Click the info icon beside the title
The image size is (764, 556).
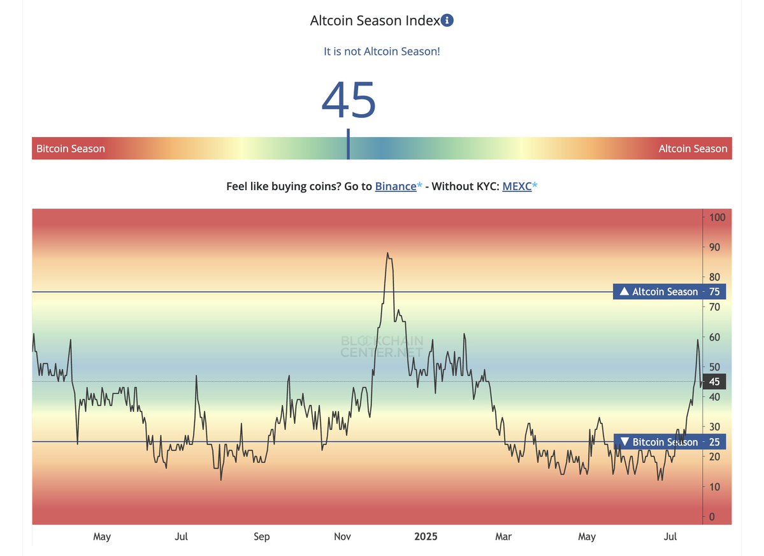pyautogui.click(x=447, y=20)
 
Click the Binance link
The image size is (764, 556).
pyautogui.click(x=396, y=186)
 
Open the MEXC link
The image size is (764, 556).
pyautogui.click(x=517, y=186)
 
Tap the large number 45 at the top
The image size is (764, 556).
pyautogui.click(x=349, y=100)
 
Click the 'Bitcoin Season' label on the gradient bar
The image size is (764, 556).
pyautogui.click(x=71, y=149)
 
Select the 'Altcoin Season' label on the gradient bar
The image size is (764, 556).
pyautogui.click(x=693, y=149)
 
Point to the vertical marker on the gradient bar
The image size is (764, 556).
pyautogui.click(x=349, y=144)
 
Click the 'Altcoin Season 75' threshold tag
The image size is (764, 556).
pyautogui.click(x=670, y=291)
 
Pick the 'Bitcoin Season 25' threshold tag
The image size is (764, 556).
pyautogui.click(x=670, y=442)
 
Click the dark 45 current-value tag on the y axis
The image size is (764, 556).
pyautogui.click(x=714, y=382)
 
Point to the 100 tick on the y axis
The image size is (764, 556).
pyautogui.click(x=717, y=217)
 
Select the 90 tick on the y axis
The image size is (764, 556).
pyautogui.click(x=714, y=247)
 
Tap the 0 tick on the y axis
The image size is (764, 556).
pyautogui.click(x=712, y=517)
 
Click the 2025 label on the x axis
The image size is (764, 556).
pyautogui.click(x=426, y=536)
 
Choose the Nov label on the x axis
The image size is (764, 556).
pyautogui.click(x=343, y=536)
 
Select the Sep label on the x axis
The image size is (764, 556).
pyautogui.click(x=262, y=536)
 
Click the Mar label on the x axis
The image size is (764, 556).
pyautogui.click(x=503, y=536)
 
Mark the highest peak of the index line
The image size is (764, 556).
pyautogui.click(x=387, y=253)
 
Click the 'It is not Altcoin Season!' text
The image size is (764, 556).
pyautogui.click(x=382, y=51)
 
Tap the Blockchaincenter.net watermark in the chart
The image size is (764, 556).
pyautogui.click(x=382, y=346)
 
